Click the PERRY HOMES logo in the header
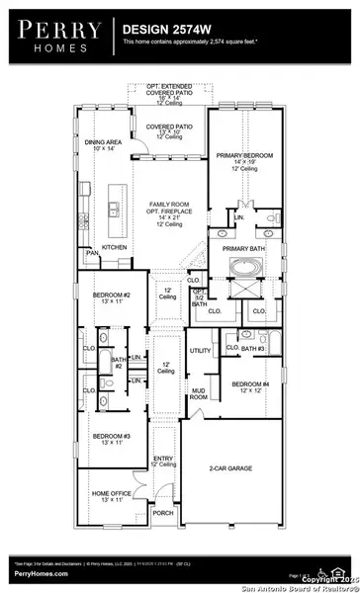click(x=56, y=36)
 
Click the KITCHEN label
click(x=114, y=247)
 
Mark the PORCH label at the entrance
click(x=162, y=513)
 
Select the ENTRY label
click(x=162, y=459)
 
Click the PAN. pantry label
click(x=91, y=254)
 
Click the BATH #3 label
click(x=254, y=349)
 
